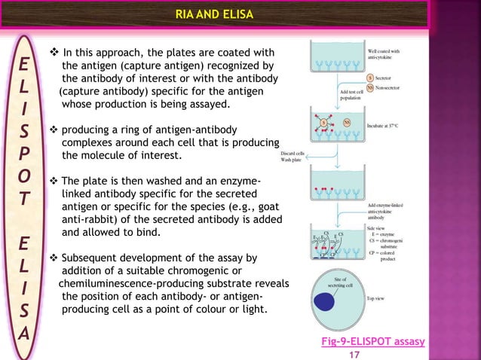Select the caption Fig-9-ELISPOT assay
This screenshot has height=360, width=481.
(x=373, y=341)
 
